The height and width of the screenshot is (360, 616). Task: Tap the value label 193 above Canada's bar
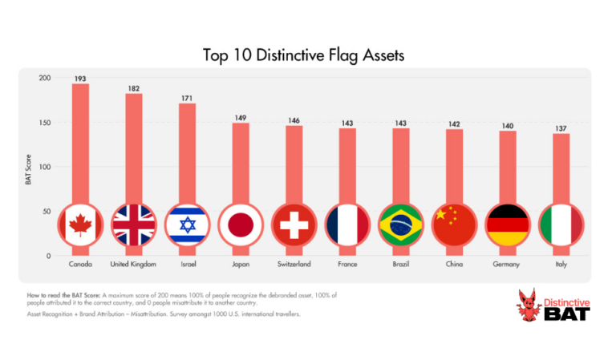[x=80, y=79]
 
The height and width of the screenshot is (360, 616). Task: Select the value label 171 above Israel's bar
[x=187, y=98]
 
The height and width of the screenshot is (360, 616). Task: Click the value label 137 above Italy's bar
[x=561, y=128]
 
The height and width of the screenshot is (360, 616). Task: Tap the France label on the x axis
[x=347, y=264]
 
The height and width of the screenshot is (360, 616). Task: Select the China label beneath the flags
[x=454, y=264]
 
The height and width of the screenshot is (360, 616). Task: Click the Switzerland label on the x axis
[x=294, y=264]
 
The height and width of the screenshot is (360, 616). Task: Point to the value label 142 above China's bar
[x=454, y=123]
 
